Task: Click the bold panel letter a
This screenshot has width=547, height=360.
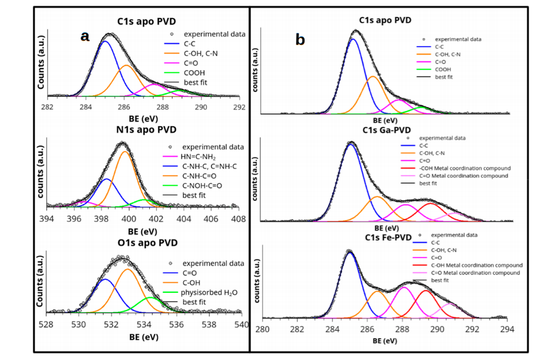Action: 85,37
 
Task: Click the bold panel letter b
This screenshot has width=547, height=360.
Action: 300,39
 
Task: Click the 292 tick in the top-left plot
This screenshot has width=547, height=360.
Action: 239,106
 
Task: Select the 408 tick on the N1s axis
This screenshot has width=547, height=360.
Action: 238,219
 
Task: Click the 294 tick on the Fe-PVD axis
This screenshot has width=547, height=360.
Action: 507,330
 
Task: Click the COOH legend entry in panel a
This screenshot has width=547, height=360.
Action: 194,73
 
